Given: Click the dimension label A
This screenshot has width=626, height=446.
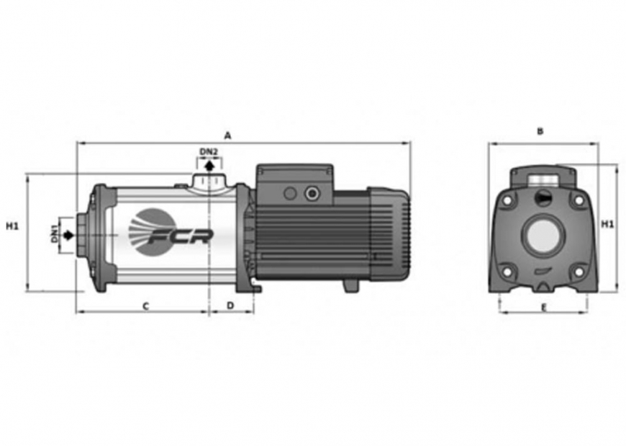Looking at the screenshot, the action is [227, 136].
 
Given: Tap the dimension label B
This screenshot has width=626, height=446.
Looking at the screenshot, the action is [540, 131].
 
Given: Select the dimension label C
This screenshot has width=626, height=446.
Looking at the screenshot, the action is [146, 306].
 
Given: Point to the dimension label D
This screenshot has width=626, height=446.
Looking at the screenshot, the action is [230, 305].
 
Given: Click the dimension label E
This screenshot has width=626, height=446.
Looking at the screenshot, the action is [543, 308].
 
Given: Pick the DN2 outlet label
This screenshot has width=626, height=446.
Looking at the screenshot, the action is [209, 152].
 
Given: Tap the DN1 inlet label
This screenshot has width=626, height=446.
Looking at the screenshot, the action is [55, 233].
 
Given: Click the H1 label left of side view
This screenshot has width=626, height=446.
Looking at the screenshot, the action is [12, 226].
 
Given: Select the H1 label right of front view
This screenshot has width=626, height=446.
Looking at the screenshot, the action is [607, 224].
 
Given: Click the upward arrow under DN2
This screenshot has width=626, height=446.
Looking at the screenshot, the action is [209, 166].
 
